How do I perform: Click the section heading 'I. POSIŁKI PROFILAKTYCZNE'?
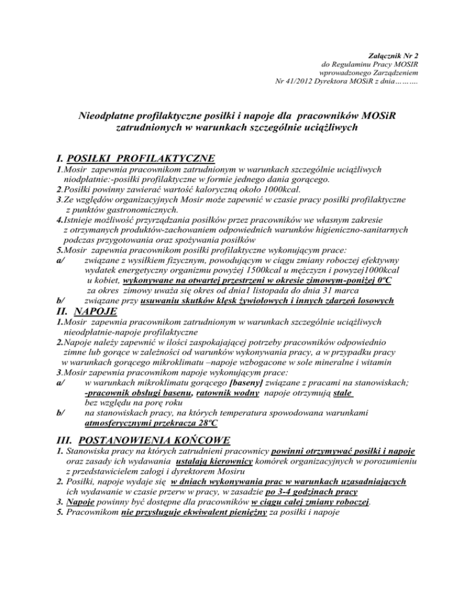135,158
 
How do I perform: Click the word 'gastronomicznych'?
132,210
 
